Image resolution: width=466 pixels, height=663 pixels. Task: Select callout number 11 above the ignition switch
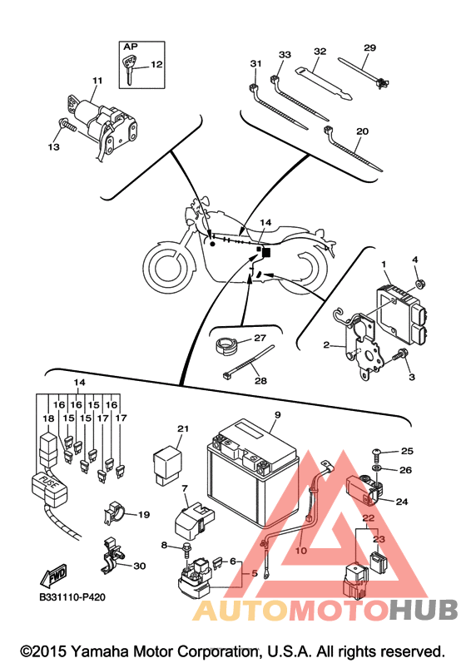pos(97,81)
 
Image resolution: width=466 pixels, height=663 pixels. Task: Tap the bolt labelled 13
pos(67,124)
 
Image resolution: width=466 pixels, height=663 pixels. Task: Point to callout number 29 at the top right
pos(369,47)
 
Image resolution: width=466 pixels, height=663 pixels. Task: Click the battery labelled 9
pos(253,472)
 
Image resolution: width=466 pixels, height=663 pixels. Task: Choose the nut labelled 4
pos(420,284)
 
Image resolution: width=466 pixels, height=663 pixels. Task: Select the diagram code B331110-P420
pos(72,597)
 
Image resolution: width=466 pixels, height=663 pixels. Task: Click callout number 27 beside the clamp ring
pos(260,338)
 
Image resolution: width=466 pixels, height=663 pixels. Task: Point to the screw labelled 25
pos(377,453)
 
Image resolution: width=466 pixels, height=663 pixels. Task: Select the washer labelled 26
pos(376,468)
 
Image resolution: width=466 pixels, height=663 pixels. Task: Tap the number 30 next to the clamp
pos(139,566)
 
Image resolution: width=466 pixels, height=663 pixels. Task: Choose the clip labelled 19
pos(113,513)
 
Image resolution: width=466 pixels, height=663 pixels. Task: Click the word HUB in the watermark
pos(424,610)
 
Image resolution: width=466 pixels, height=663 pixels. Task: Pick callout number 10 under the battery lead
pos(301,551)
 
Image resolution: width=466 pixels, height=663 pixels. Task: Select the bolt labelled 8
pos(186,549)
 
